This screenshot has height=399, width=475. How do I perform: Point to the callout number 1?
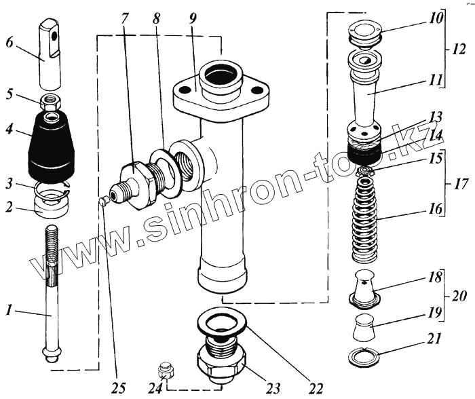[8, 311]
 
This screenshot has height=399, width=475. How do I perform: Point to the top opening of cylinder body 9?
[218, 74]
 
